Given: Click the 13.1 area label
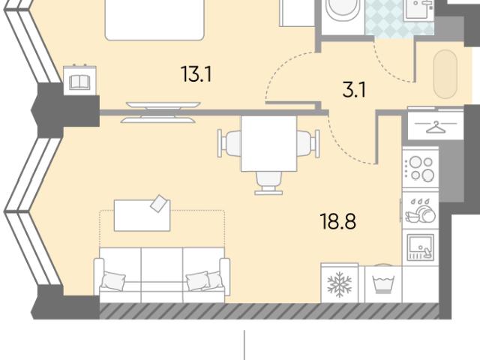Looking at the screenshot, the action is point(196,74).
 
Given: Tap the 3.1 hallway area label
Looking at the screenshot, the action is point(354,90).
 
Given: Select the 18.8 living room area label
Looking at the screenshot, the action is point(337,221).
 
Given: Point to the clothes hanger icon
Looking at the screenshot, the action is point(435,127).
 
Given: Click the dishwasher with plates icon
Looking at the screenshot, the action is point(420,211).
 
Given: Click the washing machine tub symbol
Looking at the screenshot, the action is point(383,284).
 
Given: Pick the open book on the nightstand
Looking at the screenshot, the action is point(79,82).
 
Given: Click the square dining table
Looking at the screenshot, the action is point(268,143).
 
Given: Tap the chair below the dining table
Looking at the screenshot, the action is point(268,183).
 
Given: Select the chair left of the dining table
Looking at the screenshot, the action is point(229,143).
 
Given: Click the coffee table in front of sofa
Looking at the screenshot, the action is point(142,215).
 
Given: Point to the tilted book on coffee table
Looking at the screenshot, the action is point(160,203).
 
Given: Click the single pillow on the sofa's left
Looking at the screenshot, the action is point(113,280).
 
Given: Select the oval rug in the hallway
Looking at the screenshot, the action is point(445,74).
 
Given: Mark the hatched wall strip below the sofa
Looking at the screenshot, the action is point(269,311).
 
